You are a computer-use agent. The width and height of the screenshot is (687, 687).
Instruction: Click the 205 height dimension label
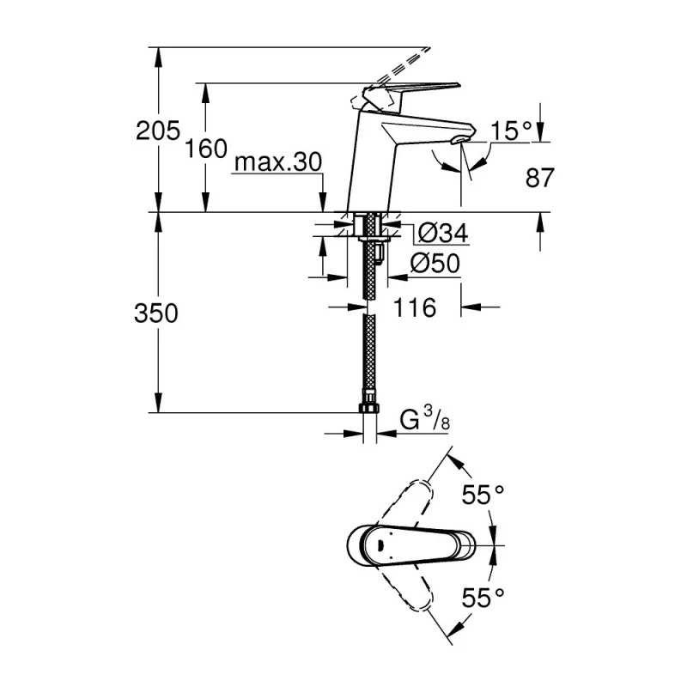pyautogui.click(x=157, y=131)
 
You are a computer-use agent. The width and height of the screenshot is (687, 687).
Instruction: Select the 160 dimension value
pyautogui.click(x=205, y=148)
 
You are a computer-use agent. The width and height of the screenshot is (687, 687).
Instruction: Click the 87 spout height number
pyautogui.click(x=538, y=178)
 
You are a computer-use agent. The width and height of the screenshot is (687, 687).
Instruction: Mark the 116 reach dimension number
pyautogui.click(x=415, y=307)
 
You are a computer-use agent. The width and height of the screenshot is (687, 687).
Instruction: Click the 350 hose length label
pyautogui.click(x=156, y=314)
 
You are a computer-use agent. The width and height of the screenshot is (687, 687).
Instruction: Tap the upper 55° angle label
pyautogui.click(x=483, y=495)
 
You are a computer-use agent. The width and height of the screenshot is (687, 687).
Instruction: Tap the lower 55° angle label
pyautogui.click(x=483, y=594)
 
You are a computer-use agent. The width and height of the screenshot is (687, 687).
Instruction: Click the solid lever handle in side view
pyautogui.click(x=412, y=91)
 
